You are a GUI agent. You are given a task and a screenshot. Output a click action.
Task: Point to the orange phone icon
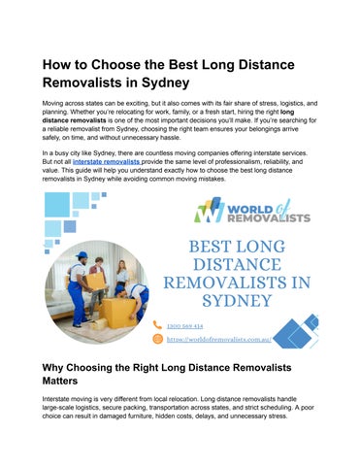tap(157, 325)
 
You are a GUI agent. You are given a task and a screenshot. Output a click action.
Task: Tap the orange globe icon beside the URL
tap(157, 339)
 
